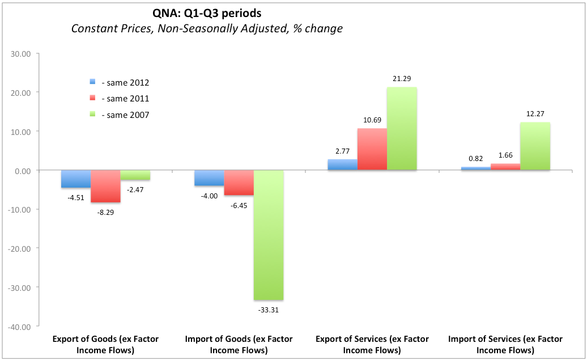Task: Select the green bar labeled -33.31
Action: (x=269, y=235)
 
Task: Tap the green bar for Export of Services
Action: (x=402, y=129)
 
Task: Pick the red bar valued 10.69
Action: (x=372, y=149)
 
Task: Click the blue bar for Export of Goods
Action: (x=76, y=179)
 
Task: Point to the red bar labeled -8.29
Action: (x=105, y=186)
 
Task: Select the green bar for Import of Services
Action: (x=535, y=146)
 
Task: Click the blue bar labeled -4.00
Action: (x=209, y=177)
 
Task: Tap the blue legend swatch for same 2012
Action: (x=93, y=82)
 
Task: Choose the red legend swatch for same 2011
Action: (x=93, y=98)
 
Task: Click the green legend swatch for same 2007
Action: (x=93, y=115)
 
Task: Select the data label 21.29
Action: (x=402, y=79)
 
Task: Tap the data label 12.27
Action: (x=535, y=114)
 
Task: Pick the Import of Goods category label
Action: (x=239, y=344)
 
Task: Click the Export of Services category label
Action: (x=372, y=344)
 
